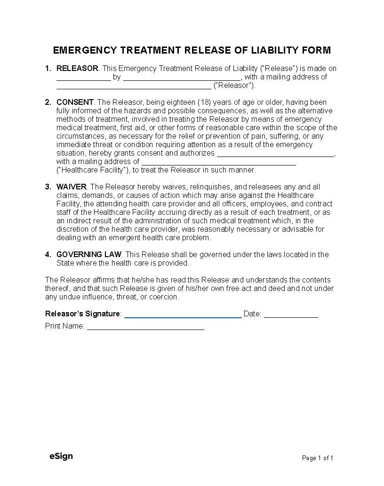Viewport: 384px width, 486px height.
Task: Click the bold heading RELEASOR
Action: (x=77, y=69)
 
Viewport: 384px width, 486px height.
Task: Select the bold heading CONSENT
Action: (x=75, y=102)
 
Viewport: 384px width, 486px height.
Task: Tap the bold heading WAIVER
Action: (x=72, y=187)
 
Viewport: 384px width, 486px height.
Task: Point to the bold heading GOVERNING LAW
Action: (x=89, y=255)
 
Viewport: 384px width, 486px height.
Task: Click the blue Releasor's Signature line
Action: (x=183, y=316)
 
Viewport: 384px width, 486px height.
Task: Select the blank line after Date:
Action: (x=291, y=316)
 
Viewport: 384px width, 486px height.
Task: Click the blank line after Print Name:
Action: (x=145, y=328)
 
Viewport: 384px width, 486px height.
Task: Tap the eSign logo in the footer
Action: (x=61, y=456)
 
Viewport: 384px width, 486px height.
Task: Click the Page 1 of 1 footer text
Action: (x=318, y=458)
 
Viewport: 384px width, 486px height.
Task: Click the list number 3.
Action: (x=48, y=187)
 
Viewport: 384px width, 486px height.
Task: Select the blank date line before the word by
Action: (x=83, y=79)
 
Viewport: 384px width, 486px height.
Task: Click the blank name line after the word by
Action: (x=182, y=79)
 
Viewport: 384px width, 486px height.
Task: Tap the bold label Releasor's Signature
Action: (x=83, y=314)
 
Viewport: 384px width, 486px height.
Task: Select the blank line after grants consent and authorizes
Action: (x=276, y=155)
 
